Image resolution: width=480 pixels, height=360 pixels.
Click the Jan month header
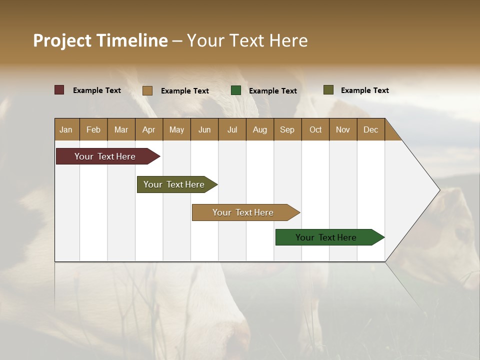coord(66,129)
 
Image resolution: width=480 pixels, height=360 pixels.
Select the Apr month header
coord(149,129)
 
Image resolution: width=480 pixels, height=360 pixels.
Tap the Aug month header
coord(260,129)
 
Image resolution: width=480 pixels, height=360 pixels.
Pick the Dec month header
coord(370,129)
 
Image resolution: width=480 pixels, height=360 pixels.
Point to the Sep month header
coord(287,129)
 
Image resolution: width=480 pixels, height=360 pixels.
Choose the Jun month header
coord(204,129)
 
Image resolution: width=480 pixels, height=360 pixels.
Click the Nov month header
coord(343,129)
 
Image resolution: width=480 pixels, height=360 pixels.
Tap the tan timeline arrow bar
coord(243,212)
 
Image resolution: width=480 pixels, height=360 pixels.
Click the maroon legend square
coord(59,90)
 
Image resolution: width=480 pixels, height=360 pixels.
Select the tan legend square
coord(147,90)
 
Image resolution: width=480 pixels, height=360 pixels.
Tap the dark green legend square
coord(236,90)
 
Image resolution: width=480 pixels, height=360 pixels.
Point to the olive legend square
coord(328,90)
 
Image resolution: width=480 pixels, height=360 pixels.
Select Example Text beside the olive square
coord(365,90)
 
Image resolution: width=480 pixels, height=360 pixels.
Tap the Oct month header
coord(315,129)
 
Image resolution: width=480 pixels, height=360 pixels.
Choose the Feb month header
coord(93,129)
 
